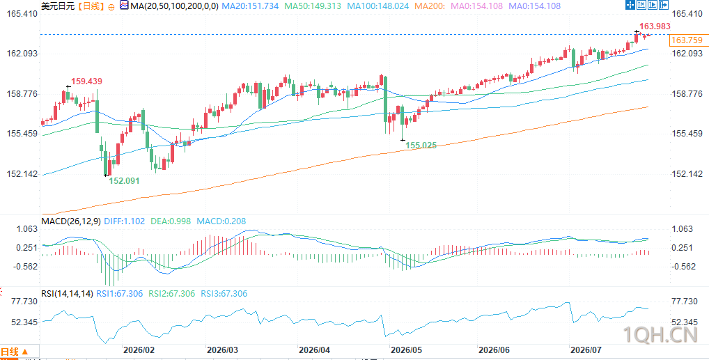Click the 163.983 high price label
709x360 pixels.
click(654, 26)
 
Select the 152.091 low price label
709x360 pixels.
click(125, 180)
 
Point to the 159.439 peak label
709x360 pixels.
click(87, 81)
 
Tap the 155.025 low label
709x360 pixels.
click(421, 145)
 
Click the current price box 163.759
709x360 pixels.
click(687, 40)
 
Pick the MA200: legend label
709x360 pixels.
click(430, 6)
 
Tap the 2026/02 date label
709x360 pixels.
click(139, 350)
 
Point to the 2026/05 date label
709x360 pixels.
click(406, 350)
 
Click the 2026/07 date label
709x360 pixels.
click(586, 350)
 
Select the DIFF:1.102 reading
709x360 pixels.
click(125, 221)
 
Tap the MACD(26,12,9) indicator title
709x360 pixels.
click(71, 221)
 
